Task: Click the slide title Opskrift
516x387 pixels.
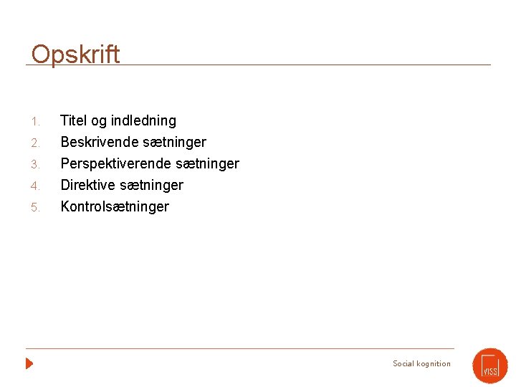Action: coord(75,54)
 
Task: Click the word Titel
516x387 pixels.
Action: coord(75,120)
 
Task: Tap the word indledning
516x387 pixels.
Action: coord(143,120)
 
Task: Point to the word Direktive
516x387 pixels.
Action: coord(87,185)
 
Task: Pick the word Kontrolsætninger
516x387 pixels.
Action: coord(115,206)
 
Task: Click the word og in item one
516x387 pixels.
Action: coord(99,121)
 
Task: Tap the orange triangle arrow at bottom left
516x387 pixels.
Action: coord(29,363)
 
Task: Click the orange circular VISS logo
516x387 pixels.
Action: coord(490,365)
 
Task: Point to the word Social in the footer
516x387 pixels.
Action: coord(403,363)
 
